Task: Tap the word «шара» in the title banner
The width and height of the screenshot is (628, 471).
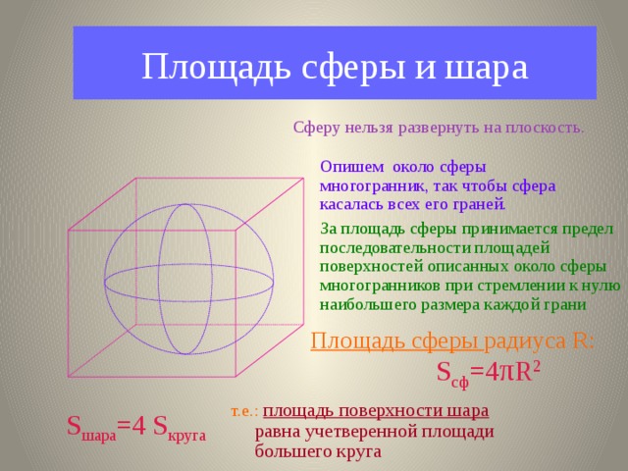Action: coord(487,68)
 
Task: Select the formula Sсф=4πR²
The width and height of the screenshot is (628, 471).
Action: coord(488,372)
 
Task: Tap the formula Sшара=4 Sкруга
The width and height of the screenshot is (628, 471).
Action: coord(135,427)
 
